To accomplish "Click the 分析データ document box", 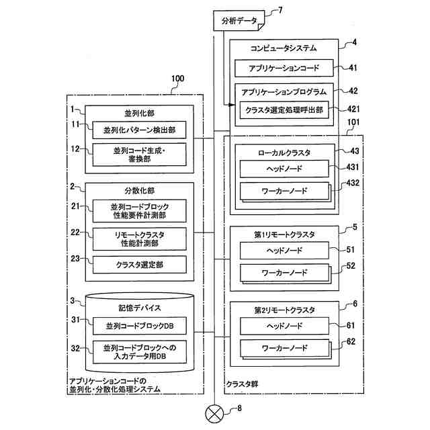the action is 239,21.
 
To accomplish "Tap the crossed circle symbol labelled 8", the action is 214,414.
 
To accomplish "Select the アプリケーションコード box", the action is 284,68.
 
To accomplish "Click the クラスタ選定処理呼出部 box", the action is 284,110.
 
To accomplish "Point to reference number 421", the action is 353,109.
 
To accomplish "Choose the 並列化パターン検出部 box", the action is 139,130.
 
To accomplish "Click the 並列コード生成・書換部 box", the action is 139,155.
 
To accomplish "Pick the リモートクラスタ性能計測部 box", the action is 139,239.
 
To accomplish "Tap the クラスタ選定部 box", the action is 139,265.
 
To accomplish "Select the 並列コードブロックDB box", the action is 139,326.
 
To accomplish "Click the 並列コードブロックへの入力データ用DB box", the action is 139,352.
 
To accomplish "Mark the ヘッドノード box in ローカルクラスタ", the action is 284,169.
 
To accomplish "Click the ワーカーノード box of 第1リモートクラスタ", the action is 284,273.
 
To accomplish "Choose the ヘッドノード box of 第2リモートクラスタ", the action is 284,326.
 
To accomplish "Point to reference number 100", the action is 177,79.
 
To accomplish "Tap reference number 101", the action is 353,122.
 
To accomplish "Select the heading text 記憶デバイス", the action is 139,308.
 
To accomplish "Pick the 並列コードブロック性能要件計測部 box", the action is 139,211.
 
